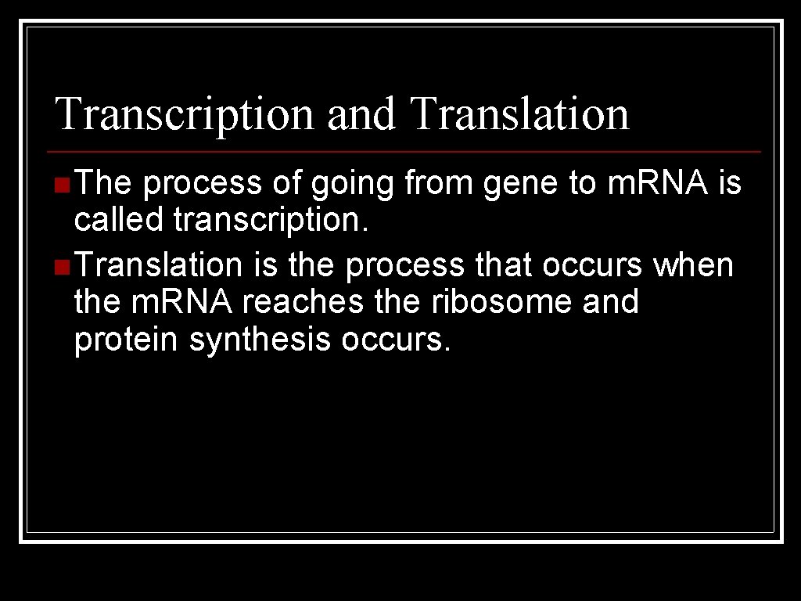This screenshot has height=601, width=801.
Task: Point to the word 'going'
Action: click(x=354, y=185)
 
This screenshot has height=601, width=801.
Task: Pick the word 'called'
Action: click(x=118, y=221)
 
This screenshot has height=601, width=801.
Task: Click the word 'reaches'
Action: click(x=303, y=301)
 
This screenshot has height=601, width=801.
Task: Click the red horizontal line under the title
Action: click(x=403, y=150)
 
